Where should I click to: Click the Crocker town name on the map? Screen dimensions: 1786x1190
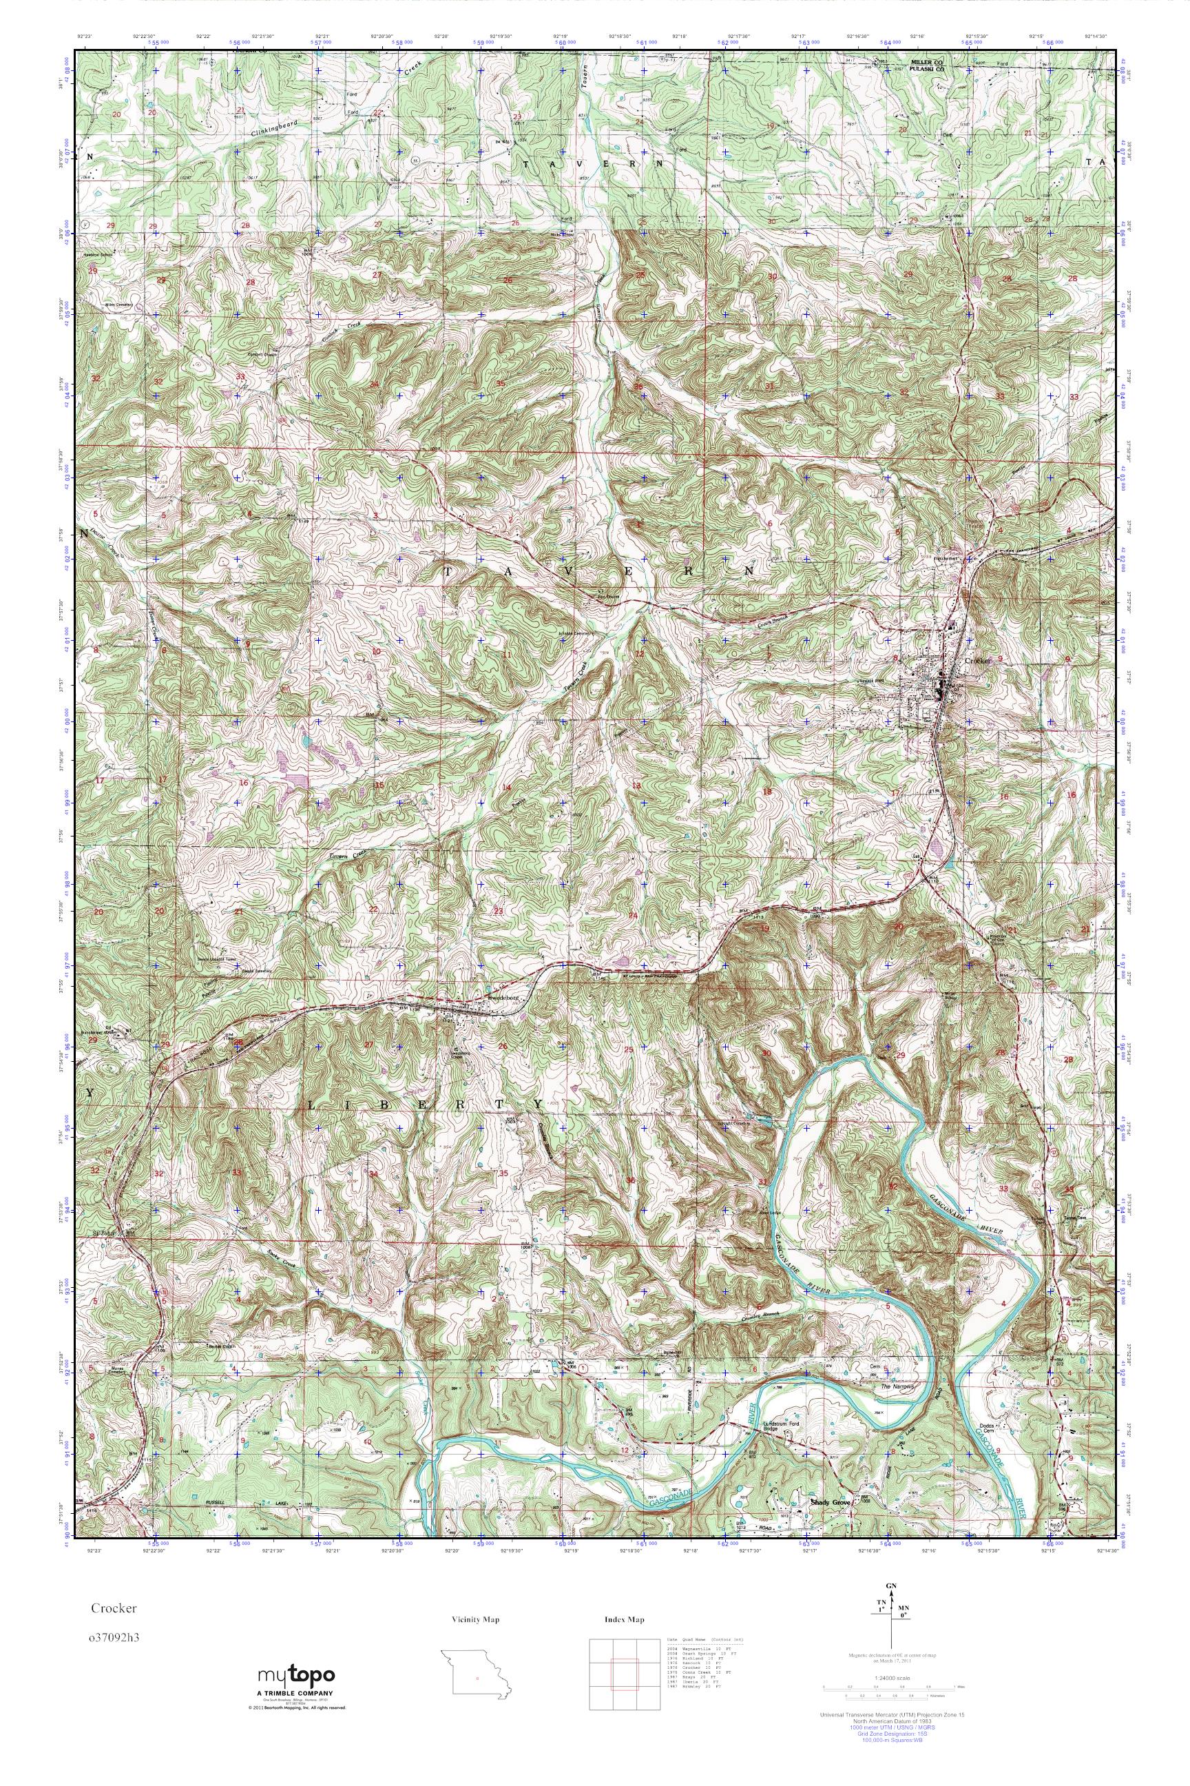[979, 661]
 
